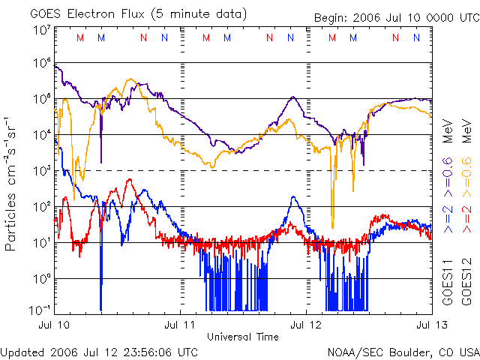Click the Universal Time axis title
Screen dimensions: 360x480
(243, 337)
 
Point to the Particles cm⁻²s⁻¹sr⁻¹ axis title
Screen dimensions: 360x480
(13, 183)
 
